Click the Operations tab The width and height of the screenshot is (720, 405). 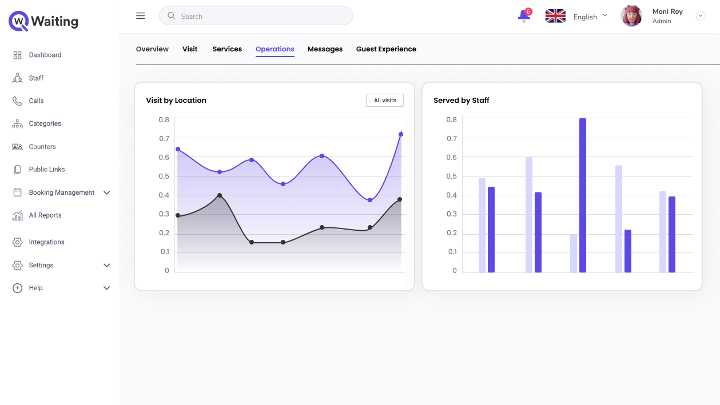coord(275,49)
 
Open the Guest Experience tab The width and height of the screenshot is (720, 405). coord(386,49)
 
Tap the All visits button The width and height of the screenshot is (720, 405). coord(385,100)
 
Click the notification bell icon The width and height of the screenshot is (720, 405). coord(524,15)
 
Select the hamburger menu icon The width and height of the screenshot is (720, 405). coord(141,16)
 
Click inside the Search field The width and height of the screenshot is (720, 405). coord(256,16)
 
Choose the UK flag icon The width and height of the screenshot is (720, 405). coord(555,16)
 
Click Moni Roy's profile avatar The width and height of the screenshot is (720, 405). coord(631,16)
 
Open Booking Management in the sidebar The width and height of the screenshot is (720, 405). coord(61,193)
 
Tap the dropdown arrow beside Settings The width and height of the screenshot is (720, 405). coord(107,265)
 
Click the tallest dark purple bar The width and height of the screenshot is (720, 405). coord(583,195)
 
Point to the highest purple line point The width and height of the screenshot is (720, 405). coord(401,134)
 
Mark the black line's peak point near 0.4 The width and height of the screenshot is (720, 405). coord(220,195)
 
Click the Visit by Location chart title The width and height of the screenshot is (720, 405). coord(176,100)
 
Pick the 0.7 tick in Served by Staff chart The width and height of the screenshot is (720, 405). coord(452,138)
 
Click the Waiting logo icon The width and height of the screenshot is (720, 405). coord(19,21)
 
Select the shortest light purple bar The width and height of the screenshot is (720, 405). coord(574,253)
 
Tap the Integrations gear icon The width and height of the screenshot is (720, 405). coord(17,242)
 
